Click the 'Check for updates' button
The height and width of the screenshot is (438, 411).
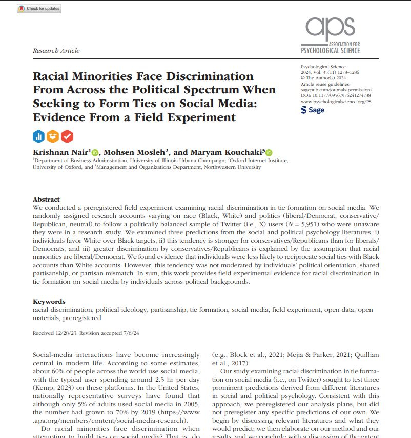39,9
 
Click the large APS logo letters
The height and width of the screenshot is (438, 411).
330,30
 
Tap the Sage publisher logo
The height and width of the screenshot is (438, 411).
313,110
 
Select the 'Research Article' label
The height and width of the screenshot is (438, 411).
56,51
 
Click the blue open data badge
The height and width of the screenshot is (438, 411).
39,136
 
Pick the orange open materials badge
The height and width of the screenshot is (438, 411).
53,136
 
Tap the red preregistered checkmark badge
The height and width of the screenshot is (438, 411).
67,136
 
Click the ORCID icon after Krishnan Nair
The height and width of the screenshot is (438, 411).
95,152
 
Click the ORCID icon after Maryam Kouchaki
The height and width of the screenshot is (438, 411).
269,152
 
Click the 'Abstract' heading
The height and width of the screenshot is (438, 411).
46,200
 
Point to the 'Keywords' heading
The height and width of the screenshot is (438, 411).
49,302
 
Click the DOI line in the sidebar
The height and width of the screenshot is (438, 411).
336,95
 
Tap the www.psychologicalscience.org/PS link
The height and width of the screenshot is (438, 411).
336,102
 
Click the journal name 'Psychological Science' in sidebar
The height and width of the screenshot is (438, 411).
323,67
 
